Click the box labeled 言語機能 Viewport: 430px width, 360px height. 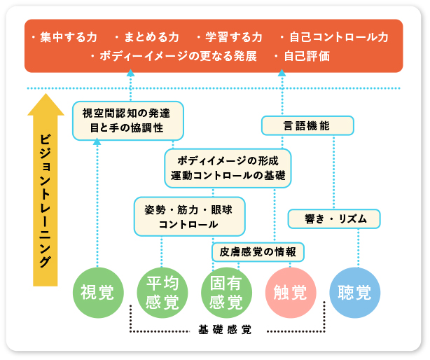point(307,125)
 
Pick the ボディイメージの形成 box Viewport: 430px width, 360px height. point(228,167)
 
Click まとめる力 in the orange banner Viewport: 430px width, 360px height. point(151,37)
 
